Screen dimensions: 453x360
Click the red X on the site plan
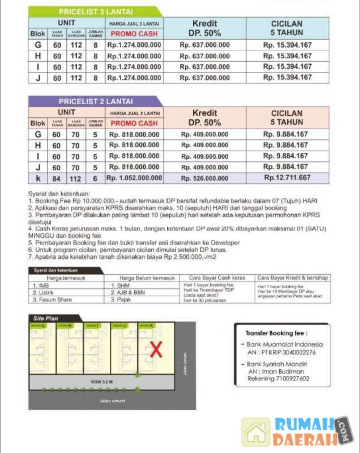(156, 349)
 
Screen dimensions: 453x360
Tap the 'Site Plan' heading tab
(45, 319)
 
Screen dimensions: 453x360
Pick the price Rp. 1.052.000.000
(136, 178)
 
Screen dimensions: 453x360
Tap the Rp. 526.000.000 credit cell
(204, 178)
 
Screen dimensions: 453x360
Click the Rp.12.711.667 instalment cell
(287, 178)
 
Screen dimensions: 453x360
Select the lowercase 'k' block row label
(38, 178)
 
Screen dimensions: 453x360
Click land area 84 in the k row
(57, 178)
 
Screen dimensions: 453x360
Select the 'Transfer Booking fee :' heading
(276, 334)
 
